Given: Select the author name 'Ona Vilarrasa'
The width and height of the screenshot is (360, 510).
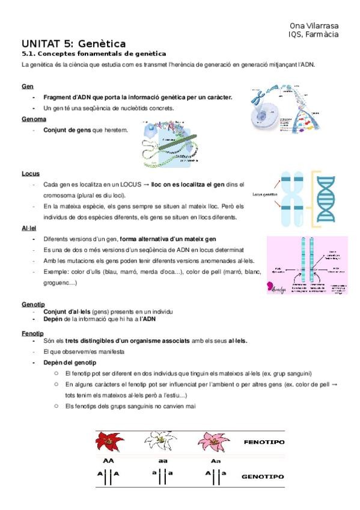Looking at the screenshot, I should [313, 25].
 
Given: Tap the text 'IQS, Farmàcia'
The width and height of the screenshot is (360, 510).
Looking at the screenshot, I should [313, 34].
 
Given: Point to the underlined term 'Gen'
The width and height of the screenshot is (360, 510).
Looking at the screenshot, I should [27, 87].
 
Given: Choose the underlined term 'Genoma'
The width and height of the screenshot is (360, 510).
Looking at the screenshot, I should [34, 119].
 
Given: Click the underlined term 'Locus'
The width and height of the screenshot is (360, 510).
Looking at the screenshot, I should [31, 174].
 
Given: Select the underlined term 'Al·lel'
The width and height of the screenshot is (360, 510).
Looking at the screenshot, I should [29, 228].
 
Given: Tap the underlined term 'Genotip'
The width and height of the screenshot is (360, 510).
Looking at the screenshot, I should [33, 305].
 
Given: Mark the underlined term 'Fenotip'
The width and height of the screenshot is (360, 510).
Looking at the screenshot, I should [32, 333].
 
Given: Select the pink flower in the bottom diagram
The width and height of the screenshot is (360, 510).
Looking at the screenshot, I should [213, 444].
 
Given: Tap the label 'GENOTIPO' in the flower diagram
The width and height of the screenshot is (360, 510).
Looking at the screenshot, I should [262, 476].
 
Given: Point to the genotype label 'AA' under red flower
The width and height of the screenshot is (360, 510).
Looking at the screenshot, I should [109, 461].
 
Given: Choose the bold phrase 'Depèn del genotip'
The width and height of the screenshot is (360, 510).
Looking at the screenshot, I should [70, 363].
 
